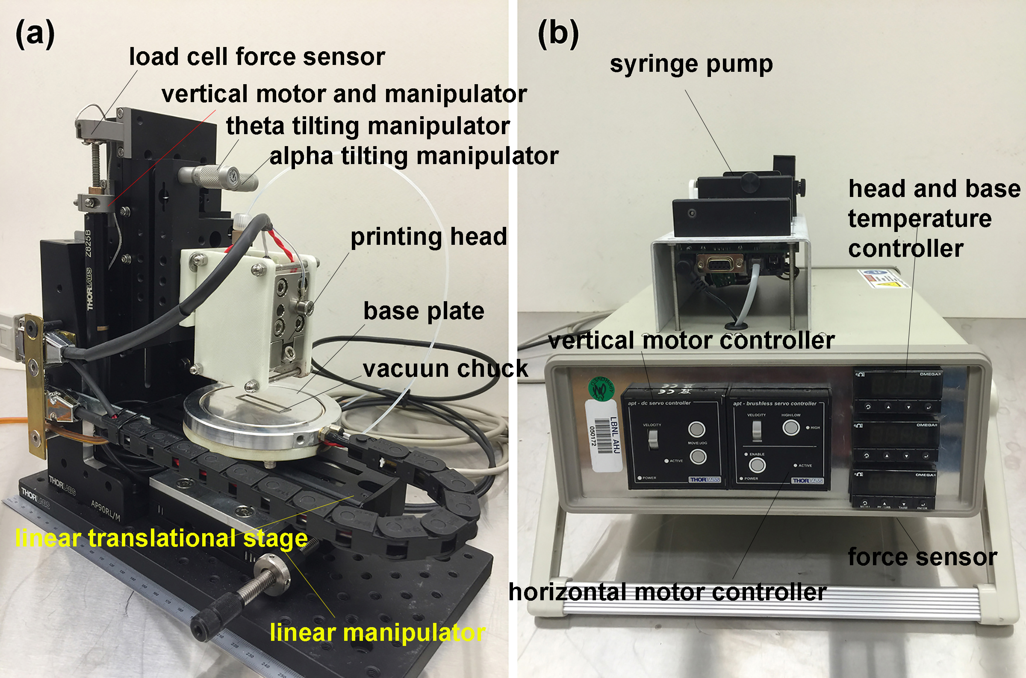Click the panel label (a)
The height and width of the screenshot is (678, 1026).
pyautogui.click(x=35, y=35)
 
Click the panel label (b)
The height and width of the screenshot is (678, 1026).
pyautogui.click(x=557, y=35)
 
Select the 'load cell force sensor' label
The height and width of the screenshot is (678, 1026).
pyautogui.click(x=257, y=57)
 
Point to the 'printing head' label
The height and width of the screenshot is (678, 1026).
pyautogui.click(x=428, y=237)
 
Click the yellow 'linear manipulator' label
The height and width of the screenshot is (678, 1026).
pyautogui.click(x=377, y=633)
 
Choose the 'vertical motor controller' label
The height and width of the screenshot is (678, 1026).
pyautogui.click(x=691, y=341)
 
